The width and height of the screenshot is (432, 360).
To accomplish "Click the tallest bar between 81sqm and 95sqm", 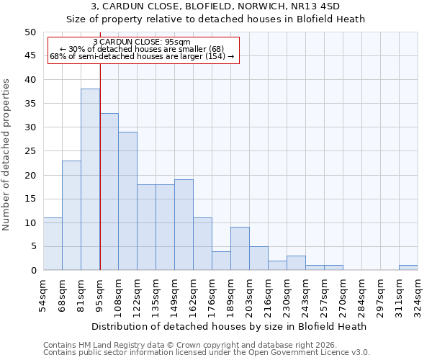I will (x=90, y=179).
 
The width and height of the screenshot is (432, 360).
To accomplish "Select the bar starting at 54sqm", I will (x=53, y=244).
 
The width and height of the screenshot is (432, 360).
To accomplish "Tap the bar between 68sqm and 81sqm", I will (x=71, y=215).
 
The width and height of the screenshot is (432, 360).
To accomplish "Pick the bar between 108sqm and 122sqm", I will (x=127, y=201).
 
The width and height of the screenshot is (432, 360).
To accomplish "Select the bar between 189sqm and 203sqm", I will (x=240, y=248).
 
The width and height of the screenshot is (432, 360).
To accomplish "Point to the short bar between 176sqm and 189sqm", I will (x=221, y=261).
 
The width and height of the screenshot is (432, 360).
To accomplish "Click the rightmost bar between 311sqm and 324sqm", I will (x=408, y=268).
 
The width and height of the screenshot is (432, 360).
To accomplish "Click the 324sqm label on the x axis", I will (x=418, y=296).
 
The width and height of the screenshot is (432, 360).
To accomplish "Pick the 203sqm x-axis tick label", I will (x=249, y=296).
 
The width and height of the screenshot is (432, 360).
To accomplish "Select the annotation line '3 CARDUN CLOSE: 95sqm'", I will (x=142, y=42).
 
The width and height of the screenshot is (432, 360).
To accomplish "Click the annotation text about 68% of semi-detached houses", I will (x=142, y=56).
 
